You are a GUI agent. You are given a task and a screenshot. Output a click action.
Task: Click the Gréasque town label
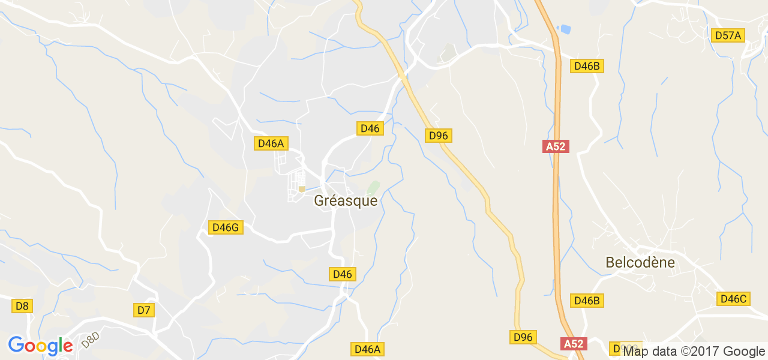tap(346, 201)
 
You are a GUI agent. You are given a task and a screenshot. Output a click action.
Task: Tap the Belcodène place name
tap(640, 262)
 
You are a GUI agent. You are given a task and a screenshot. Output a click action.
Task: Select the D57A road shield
tap(728, 35)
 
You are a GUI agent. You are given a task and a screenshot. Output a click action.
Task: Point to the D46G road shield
tap(226, 227)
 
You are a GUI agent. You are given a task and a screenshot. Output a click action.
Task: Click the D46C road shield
tap(733, 299)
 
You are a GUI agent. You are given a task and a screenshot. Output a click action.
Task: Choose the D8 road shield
tap(22, 306)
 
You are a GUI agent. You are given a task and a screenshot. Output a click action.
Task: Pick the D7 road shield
tap(144, 310)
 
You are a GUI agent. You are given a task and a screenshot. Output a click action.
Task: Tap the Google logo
tap(40, 346)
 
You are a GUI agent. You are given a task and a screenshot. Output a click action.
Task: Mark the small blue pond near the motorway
tap(565, 28)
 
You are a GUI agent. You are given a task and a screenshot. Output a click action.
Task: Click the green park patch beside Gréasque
tap(374, 188)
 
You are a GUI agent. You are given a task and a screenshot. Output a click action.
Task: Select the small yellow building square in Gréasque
tap(301, 190)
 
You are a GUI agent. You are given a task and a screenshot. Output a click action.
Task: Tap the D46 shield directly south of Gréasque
tap(342, 274)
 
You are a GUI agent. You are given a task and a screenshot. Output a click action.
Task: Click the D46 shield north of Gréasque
tap(370, 128)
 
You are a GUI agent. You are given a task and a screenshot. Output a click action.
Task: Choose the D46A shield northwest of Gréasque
tap(271, 143)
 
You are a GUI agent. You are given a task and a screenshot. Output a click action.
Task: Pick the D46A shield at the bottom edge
tap(367, 349)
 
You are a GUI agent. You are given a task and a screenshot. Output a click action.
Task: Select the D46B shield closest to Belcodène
tap(587, 301)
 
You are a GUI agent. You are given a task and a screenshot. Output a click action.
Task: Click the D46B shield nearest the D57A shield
tap(587, 66)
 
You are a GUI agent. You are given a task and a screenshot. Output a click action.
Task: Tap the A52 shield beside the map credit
tap(573, 344)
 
